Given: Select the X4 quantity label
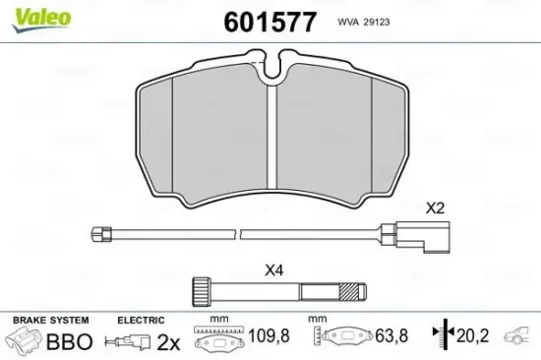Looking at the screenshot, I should (274, 270).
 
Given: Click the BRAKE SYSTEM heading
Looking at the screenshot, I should (49, 321).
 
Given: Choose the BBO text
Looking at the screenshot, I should (70, 342).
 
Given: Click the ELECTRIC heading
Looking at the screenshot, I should (140, 321).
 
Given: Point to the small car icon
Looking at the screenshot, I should (519, 340).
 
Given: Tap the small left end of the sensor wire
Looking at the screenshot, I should (97, 234).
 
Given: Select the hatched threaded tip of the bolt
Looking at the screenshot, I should (350, 291).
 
